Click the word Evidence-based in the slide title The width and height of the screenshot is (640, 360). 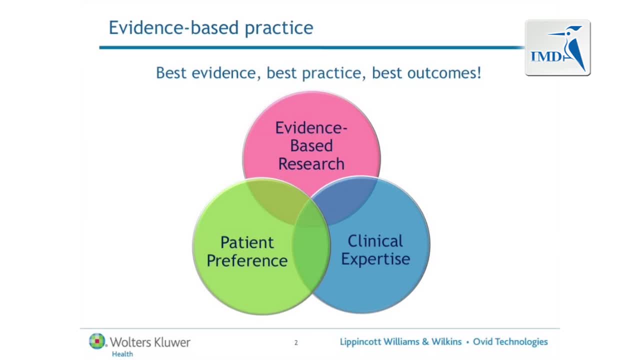[x=173, y=27]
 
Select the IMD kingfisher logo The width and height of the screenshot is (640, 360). [x=557, y=47]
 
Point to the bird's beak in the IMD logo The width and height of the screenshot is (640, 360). [x=556, y=33]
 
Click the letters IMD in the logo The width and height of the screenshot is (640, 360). [x=546, y=56]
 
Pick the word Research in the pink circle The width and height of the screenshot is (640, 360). [x=311, y=163]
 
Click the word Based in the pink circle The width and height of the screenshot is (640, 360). [x=311, y=145]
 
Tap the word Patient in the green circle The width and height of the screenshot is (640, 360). [x=247, y=242]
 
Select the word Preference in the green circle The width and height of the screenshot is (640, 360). [x=247, y=260]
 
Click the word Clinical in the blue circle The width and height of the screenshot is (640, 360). [x=375, y=241]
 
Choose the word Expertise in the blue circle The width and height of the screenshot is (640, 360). [x=375, y=259]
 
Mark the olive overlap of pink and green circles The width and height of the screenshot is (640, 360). [x=275, y=200]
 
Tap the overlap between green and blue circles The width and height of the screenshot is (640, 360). [x=311, y=245]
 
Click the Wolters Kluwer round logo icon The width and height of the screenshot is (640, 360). [x=97, y=341]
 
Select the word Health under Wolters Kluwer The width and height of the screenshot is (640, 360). [x=122, y=354]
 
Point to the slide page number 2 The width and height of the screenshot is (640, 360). [x=296, y=342]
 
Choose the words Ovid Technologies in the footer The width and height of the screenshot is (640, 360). [x=510, y=342]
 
